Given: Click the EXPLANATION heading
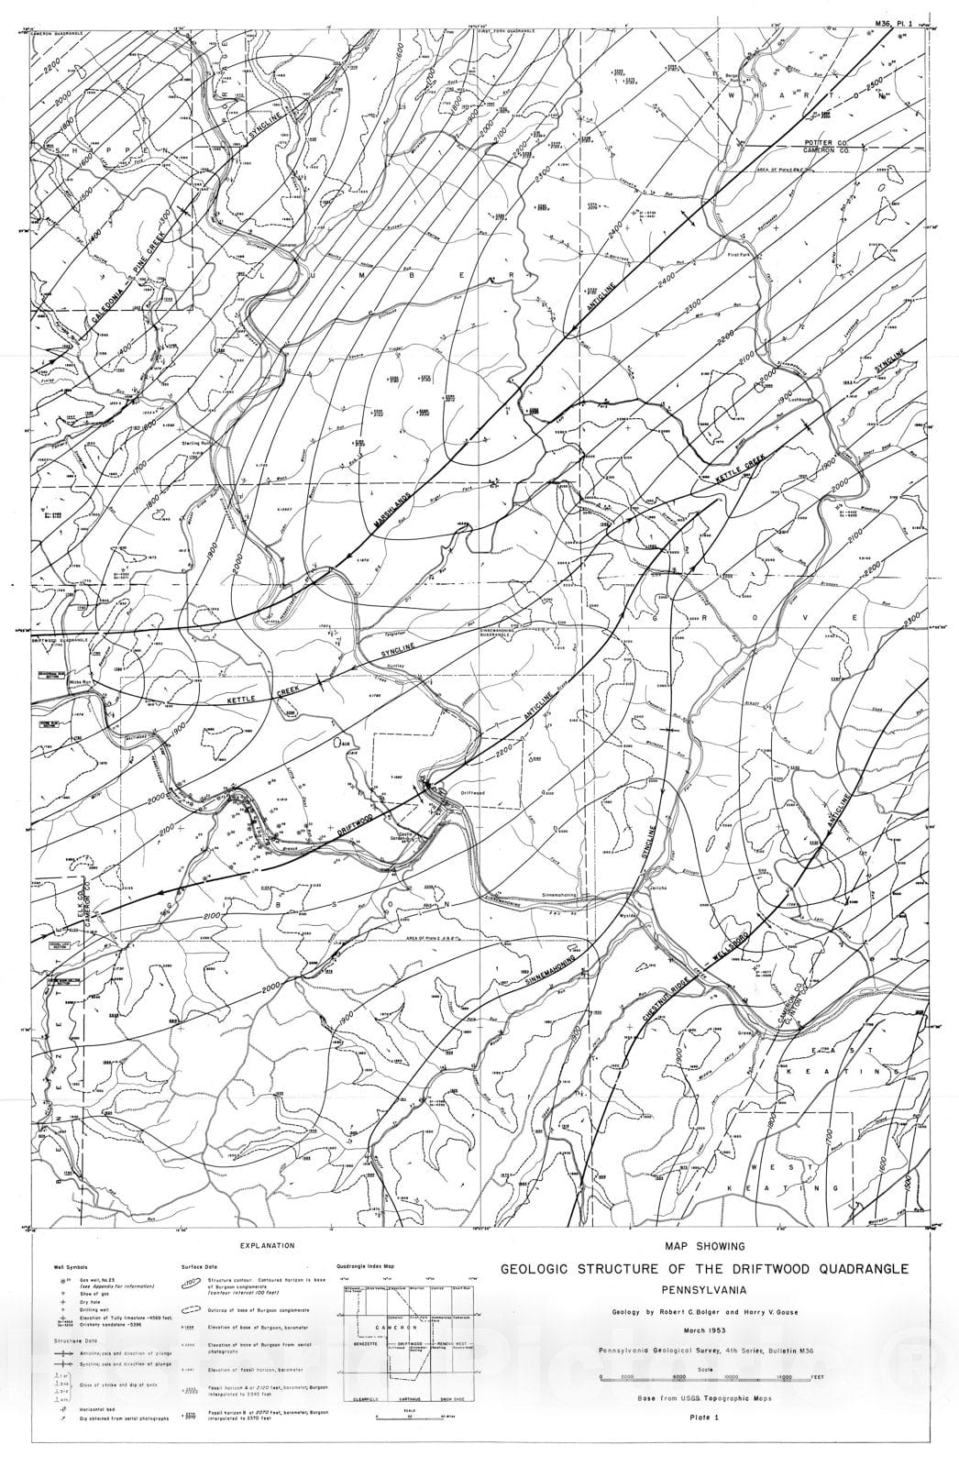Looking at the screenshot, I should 267,1246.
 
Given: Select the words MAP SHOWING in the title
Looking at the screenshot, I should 703,1246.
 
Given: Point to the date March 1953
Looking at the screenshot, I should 704,1327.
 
